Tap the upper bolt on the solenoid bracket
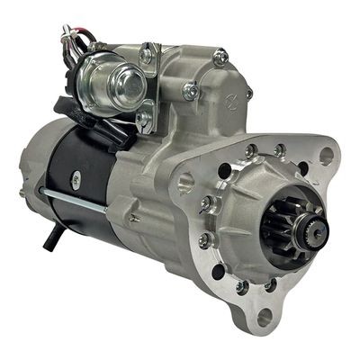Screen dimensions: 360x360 [146, 57]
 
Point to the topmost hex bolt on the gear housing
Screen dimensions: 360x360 [220, 57]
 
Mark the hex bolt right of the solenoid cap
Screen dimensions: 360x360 [189, 90]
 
